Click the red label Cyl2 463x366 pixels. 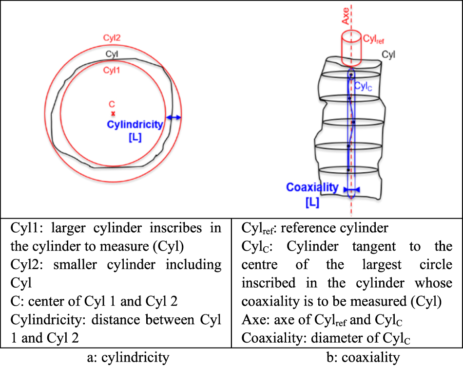click(113, 37)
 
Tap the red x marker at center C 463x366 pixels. click(113, 113)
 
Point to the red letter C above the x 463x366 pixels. click(112, 104)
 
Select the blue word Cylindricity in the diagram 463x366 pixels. click(135, 125)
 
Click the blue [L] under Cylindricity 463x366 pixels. click(135, 137)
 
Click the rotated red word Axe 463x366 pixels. click(346, 18)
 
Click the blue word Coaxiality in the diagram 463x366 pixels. click(312, 187)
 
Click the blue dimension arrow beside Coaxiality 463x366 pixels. click(351, 190)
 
